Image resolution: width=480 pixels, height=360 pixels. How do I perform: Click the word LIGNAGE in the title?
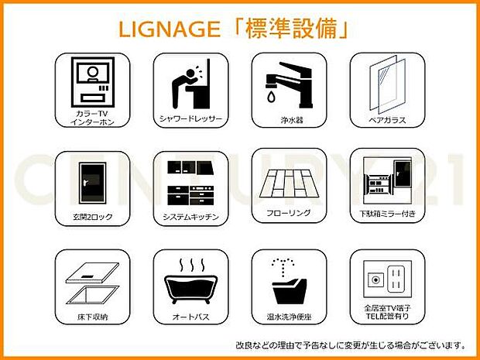tap(170, 29)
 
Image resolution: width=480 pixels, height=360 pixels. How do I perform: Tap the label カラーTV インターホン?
tap(92, 118)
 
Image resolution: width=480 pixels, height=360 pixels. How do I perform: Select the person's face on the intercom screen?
tap(93, 73)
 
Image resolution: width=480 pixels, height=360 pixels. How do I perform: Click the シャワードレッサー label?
tap(190, 118)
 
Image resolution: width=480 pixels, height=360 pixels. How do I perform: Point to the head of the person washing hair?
tap(190, 74)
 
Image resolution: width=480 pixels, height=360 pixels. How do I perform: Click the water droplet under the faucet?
tap(271, 97)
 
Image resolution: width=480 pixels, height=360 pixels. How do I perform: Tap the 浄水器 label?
tap(292, 120)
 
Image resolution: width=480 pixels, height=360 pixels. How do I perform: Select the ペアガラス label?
tap(387, 120)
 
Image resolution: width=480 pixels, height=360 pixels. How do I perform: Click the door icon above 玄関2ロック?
tap(92, 183)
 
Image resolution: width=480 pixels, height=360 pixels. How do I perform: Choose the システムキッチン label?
tap(190, 217)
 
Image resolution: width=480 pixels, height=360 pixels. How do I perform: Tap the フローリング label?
tap(289, 212)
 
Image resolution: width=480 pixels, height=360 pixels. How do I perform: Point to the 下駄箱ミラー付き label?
tap(387, 214)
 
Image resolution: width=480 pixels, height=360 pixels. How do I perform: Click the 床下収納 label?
tap(92, 317)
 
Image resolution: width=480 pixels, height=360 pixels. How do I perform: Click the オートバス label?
tap(190, 317)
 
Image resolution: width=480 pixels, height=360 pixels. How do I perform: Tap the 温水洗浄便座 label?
tap(289, 317)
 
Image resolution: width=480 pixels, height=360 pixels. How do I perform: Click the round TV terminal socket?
tap(376, 279)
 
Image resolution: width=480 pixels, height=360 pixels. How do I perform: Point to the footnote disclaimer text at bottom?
tap(351, 345)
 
